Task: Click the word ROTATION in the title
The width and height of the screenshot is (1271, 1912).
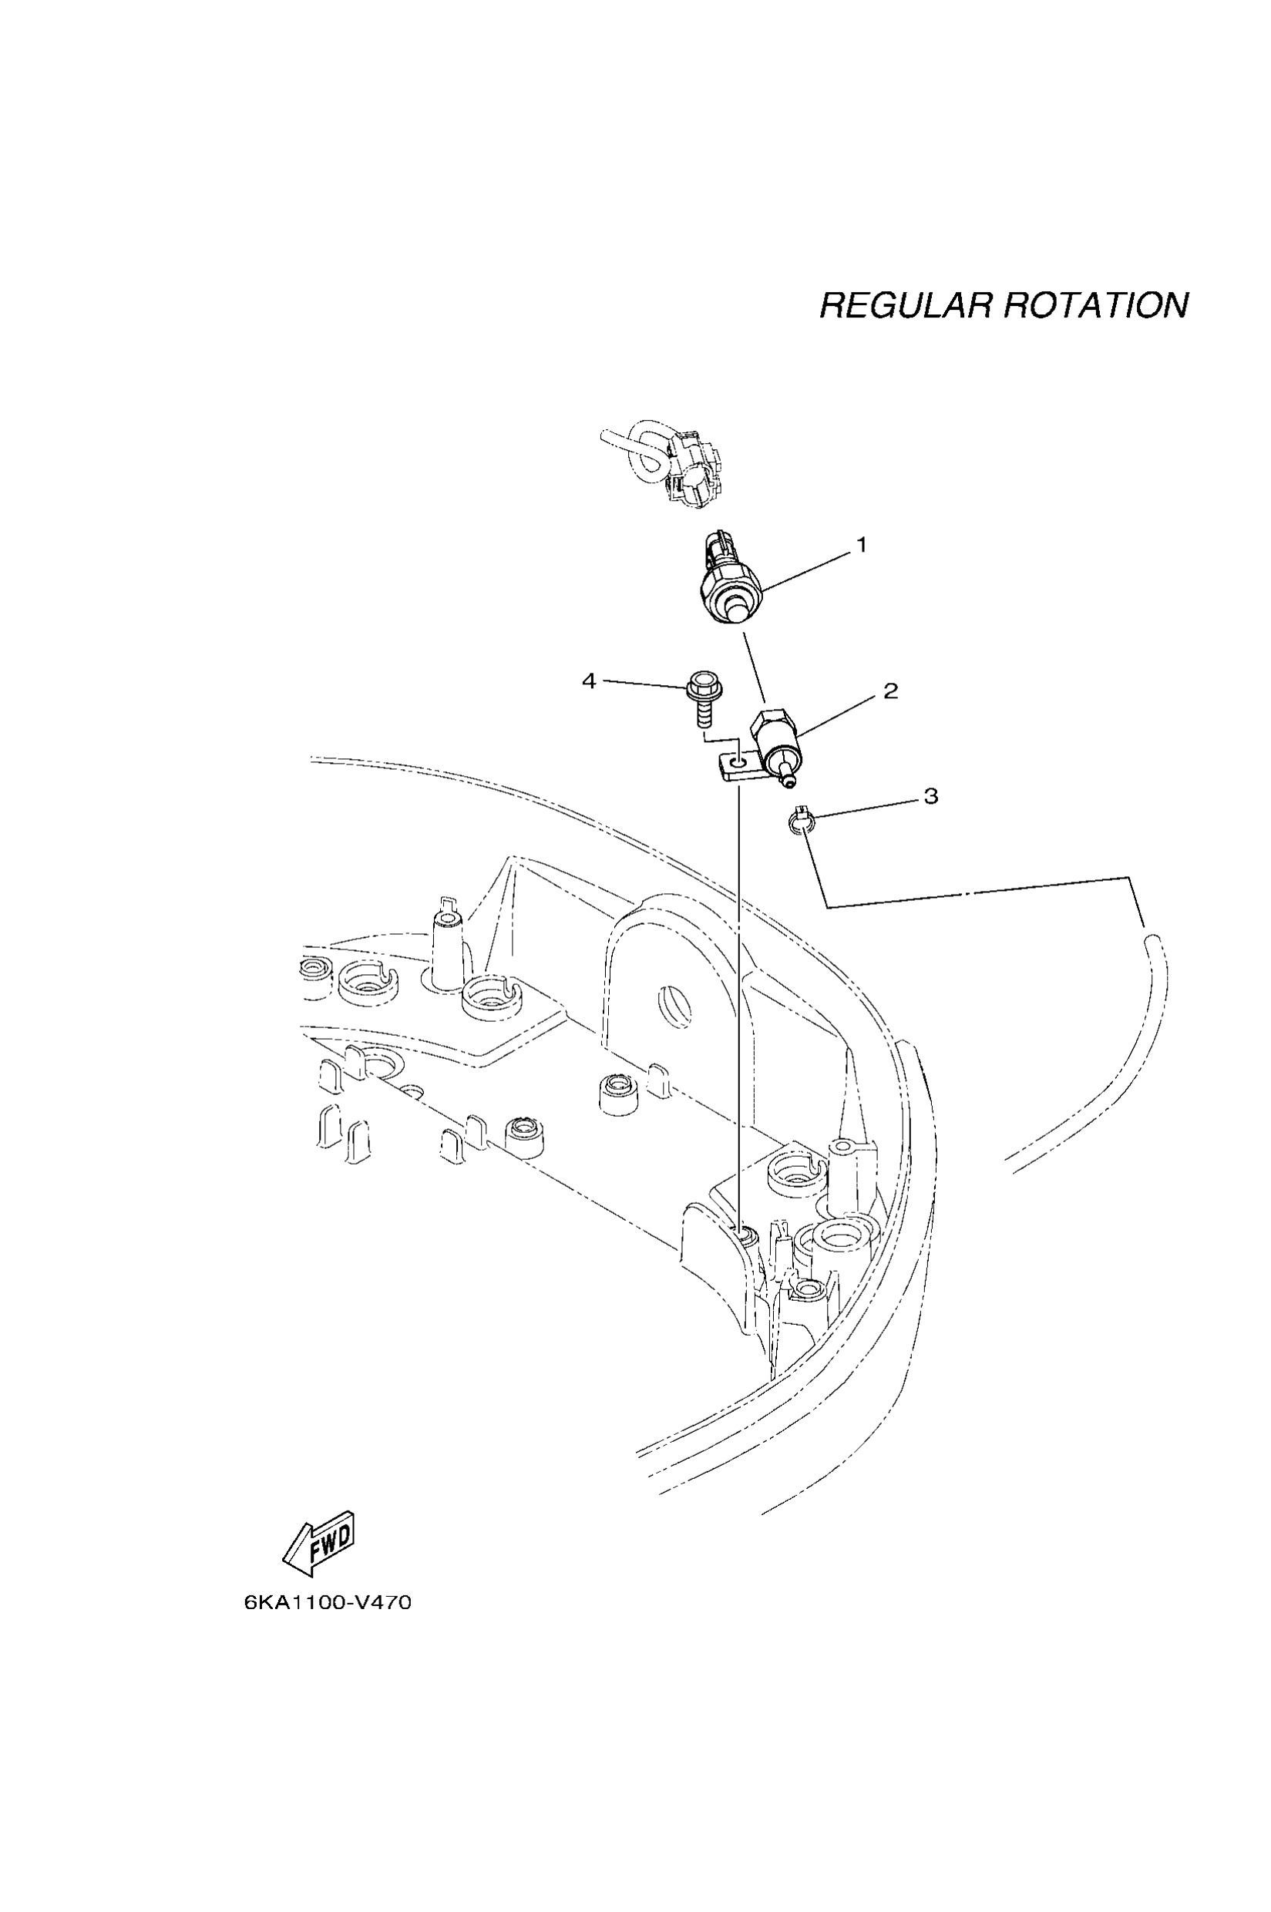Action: click(x=1096, y=305)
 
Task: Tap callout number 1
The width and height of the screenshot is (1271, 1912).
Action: click(x=862, y=546)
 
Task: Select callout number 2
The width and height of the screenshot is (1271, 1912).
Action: click(x=890, y=691)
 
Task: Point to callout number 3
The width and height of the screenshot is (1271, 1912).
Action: click(x=930, y=796)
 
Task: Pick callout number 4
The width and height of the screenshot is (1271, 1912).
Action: click(x=590, y=680)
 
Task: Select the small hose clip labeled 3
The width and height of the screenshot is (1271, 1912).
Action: click(x=800, y=822)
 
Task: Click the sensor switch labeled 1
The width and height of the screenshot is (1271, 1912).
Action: click(x=728, y=585)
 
